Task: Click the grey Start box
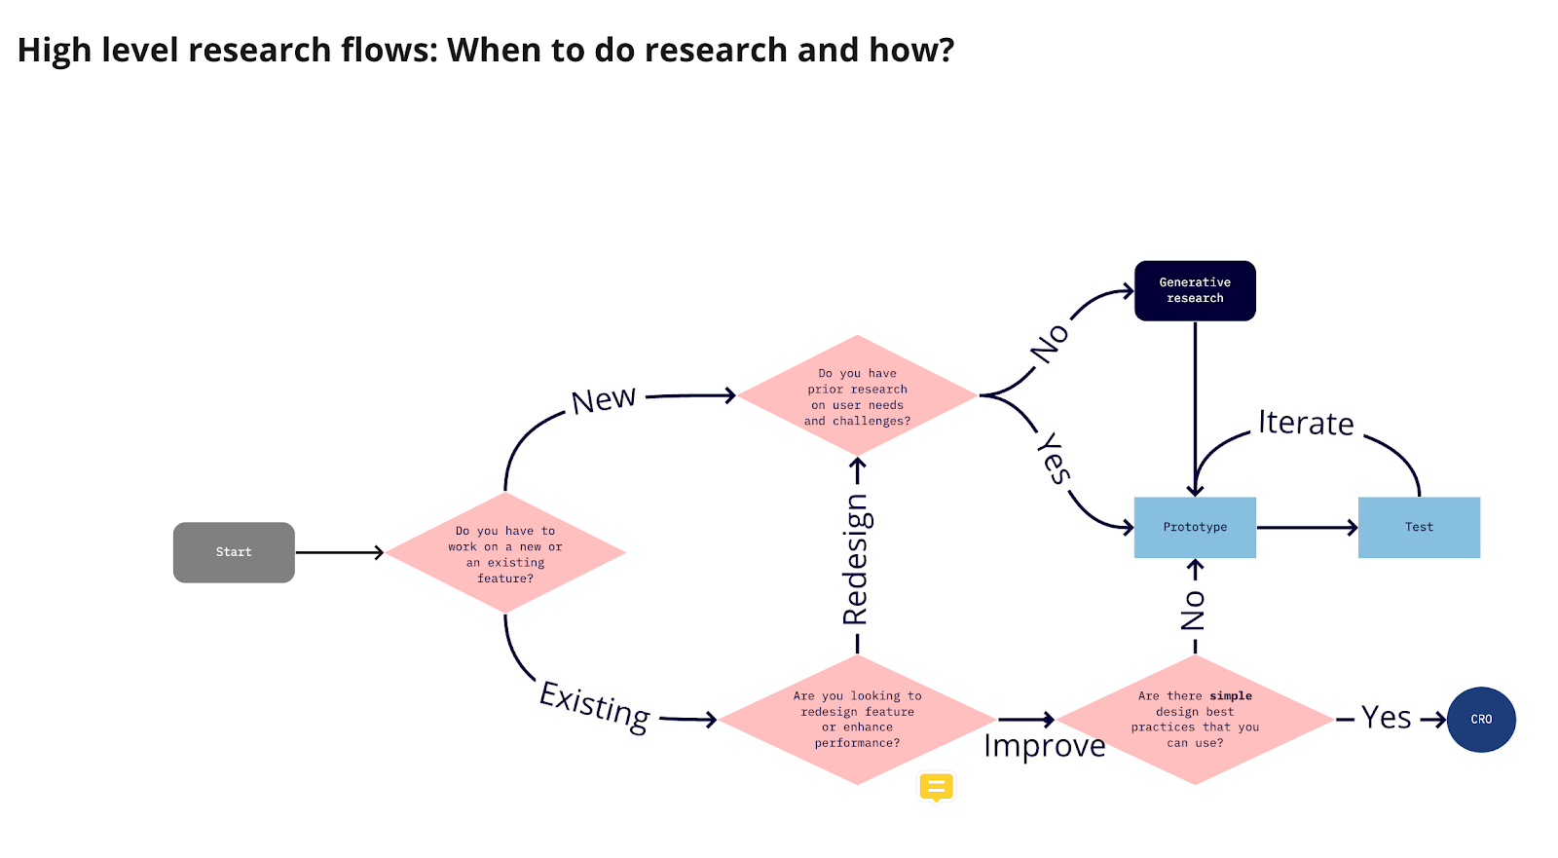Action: tap(234, 552)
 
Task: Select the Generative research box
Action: tap(1195, 290)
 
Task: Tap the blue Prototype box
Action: tap(1195, 527)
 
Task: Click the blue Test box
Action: tap(1419, 527)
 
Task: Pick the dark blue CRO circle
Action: tap(1481, 720)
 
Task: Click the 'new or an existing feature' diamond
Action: tap(505, 553)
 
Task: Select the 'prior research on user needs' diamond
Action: tap(857, 396)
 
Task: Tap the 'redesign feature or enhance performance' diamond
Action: tap(857, 720)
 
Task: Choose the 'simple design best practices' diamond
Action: tap(1195, 720)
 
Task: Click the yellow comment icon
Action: tap(936, 787)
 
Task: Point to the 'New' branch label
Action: tap(604, 399)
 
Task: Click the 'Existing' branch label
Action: tap(595, 706)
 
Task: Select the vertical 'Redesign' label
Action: tap(856, 559)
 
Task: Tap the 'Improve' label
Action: tap(1044, 746)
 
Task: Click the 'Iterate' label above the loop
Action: tap(1306, 423)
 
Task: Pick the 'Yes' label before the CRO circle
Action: tap(1386, 718)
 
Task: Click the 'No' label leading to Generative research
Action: tap(1051, 344)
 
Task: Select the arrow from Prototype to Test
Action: tap(1307, 528)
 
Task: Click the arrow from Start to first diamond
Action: tap(340, 552)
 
